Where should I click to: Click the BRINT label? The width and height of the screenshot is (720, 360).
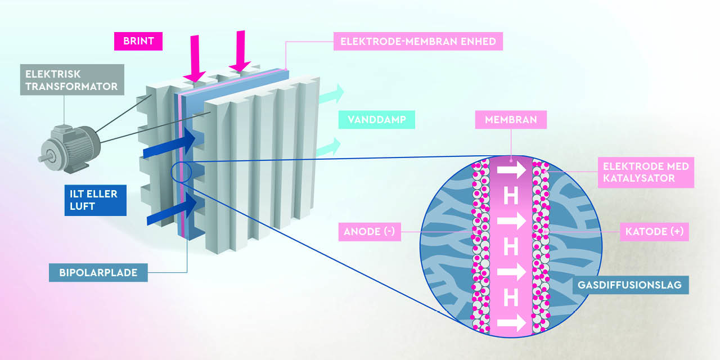pos(138,41)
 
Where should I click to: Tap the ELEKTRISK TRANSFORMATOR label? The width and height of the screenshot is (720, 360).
pos(71,80)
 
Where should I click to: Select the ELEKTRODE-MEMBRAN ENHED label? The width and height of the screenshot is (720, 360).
pos(417,42)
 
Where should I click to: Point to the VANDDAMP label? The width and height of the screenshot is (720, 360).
pos(376,120)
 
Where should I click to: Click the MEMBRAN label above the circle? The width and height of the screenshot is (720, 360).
pos(511,120)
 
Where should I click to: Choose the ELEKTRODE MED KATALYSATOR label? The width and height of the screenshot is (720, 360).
pos(645,173)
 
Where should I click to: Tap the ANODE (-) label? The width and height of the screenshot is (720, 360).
pos(370,232)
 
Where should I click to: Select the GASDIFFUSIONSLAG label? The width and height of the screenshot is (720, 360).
pos(629,285)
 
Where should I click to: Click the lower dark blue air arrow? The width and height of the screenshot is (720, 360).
pos(172,209)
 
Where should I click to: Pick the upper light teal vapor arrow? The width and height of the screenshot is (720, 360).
pos(331,94)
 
